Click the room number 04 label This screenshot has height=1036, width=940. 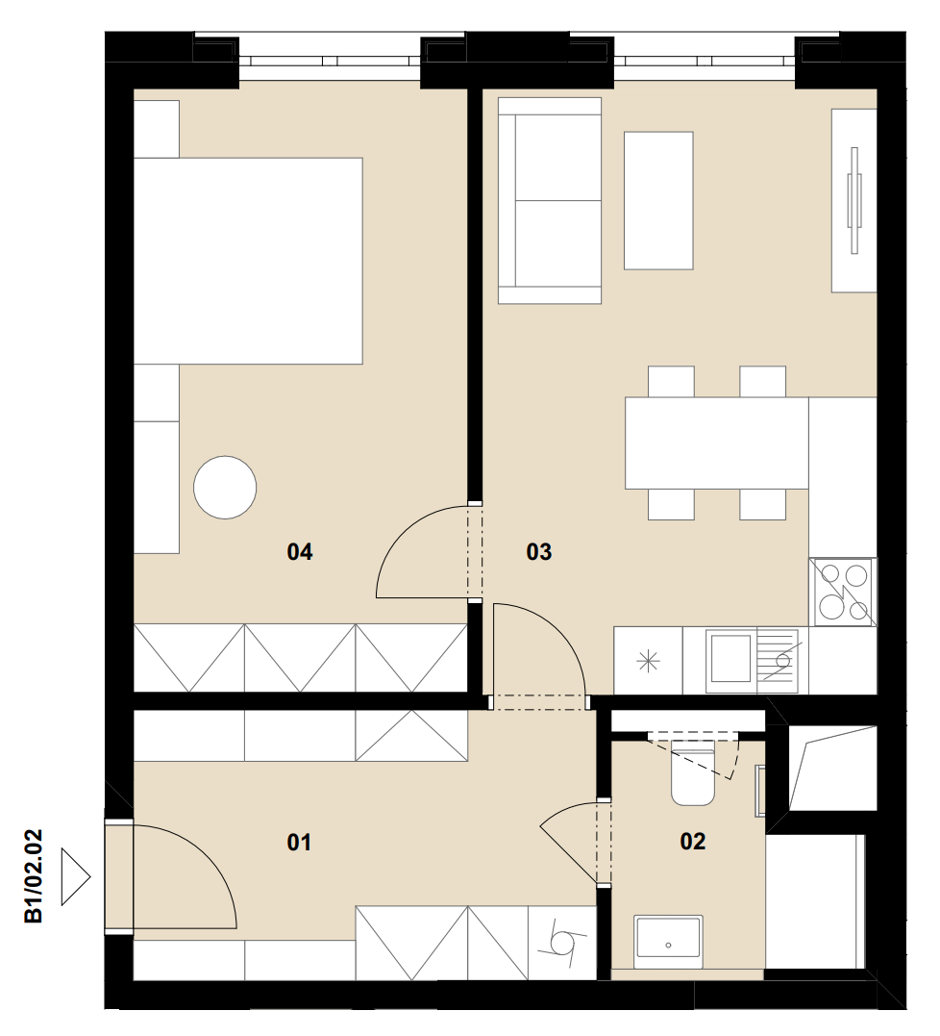(300, 551)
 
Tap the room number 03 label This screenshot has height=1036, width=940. (538, 551)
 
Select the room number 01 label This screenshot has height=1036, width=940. (299, 842)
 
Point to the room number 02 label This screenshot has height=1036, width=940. (692, 841)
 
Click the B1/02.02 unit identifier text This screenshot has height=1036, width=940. (33, 876)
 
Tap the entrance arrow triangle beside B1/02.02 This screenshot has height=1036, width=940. (75, 876)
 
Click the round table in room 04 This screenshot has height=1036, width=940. (225, 487)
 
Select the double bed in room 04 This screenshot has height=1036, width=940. (248, 261)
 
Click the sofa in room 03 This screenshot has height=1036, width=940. (550, 201)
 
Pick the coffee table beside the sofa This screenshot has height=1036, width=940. (658, 200)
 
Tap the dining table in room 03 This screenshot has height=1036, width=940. (717, 442)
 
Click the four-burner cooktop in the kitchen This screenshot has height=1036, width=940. (843, 592)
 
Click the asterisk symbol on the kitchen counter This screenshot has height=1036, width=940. (648, 661)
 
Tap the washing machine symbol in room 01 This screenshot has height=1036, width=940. (563, 943)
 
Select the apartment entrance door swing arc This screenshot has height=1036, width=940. (198, 858)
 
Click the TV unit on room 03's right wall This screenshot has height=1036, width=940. (854, 200)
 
